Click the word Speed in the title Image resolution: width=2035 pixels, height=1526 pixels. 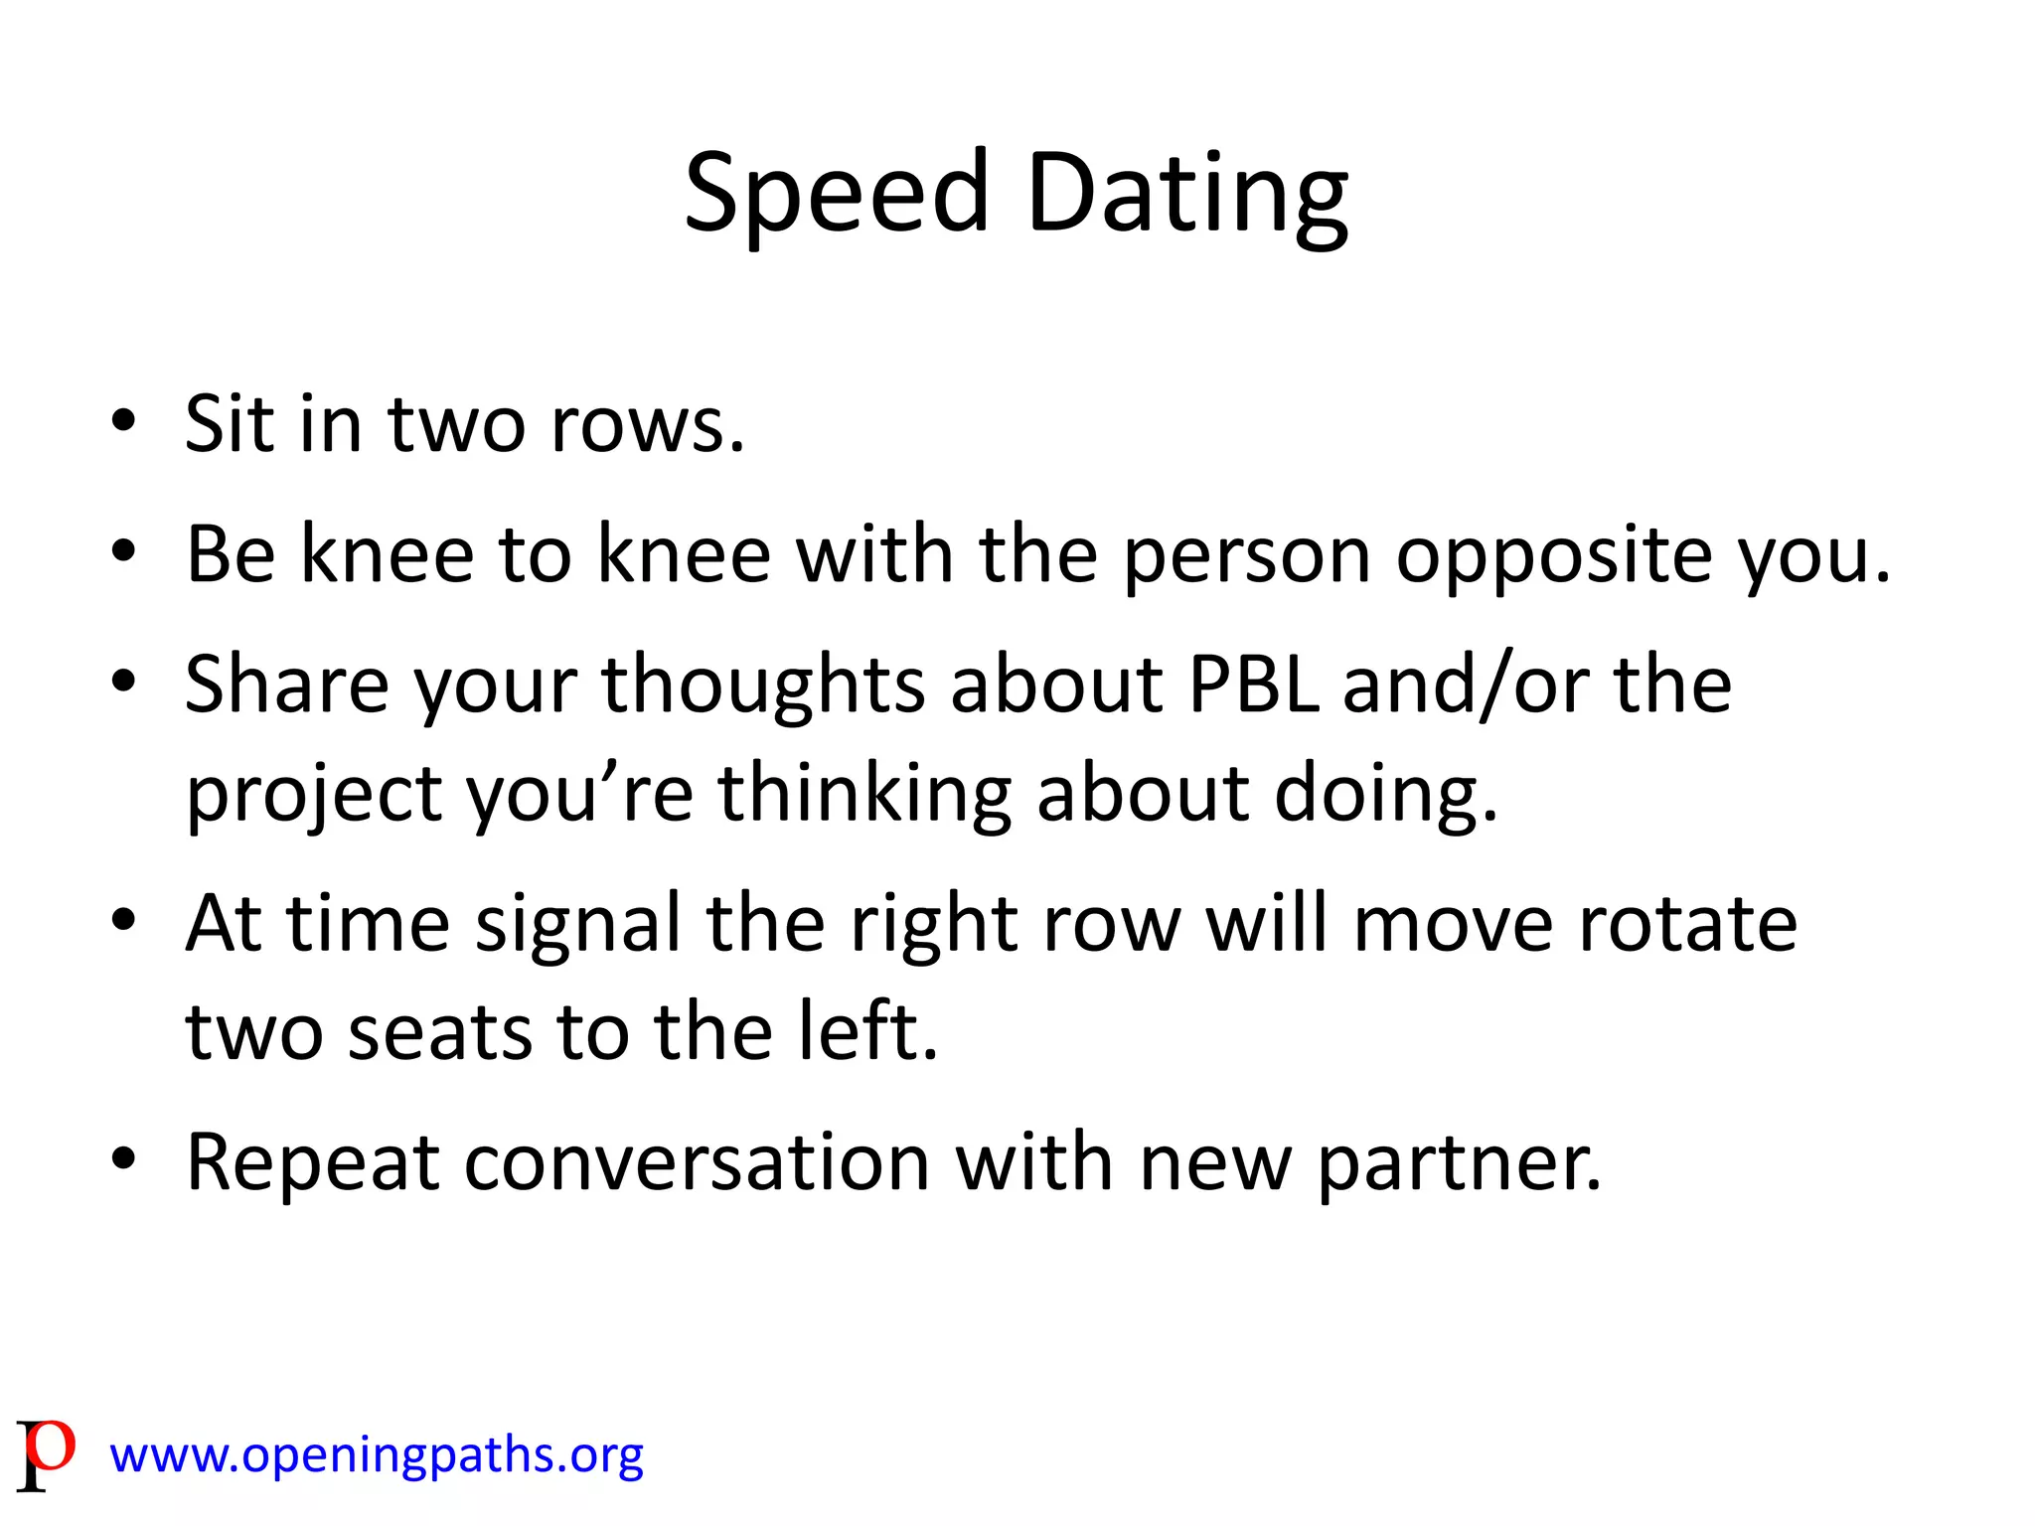point(837,194)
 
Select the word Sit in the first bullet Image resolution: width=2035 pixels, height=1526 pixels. point(230,424)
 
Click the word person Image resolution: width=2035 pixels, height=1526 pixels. point(1248,556)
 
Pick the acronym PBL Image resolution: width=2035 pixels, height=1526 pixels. point(1254,685)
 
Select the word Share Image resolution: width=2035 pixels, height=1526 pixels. point(287,685)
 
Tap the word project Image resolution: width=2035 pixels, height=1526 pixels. point(314,795)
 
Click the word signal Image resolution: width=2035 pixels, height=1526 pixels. point(578,924)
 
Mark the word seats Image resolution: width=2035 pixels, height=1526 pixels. point(440,1032)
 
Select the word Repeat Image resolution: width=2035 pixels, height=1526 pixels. point(312,1161)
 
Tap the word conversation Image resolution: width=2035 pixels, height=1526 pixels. point(697,1161)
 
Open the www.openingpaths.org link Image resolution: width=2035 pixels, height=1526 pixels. point(377,1455)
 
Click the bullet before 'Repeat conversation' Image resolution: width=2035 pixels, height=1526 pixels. point(123,1159)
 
